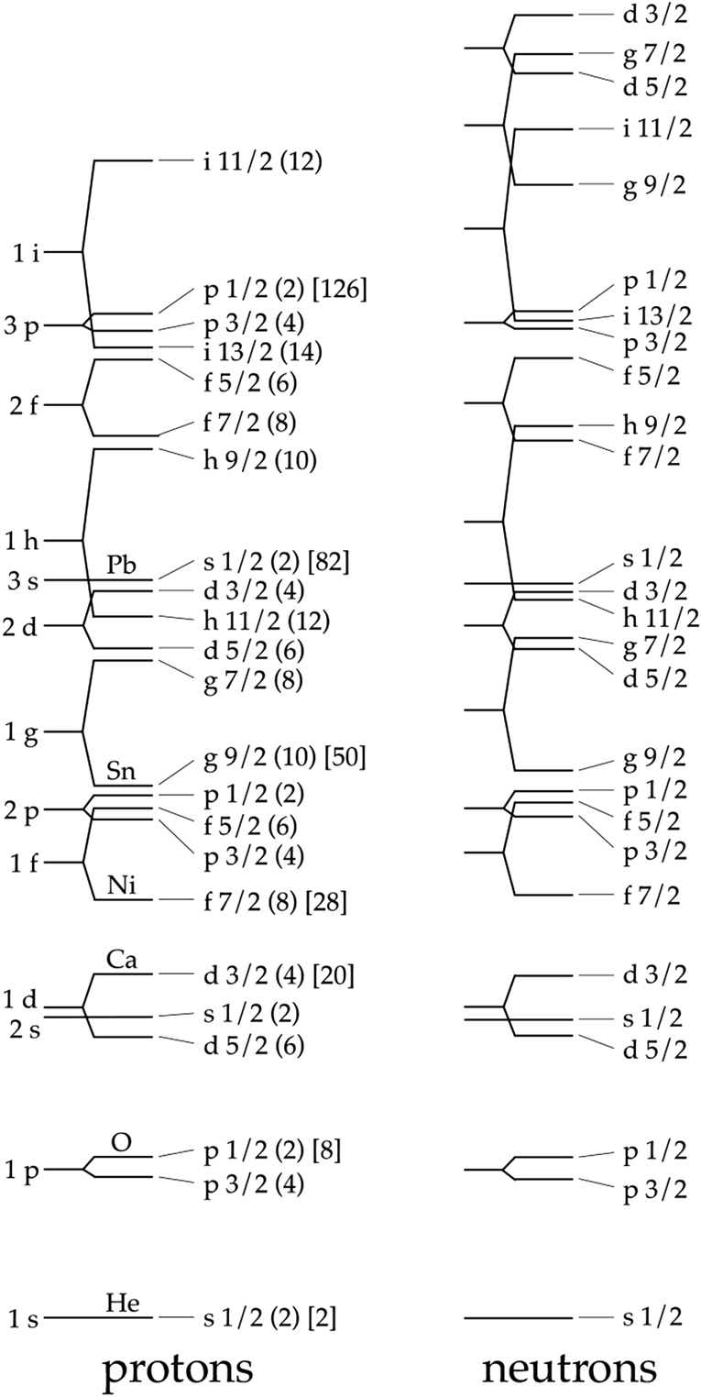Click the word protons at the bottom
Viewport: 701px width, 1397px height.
178,1369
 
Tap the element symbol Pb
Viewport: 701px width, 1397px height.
121,565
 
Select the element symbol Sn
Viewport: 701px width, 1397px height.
121,771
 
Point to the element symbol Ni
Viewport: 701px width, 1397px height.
121,885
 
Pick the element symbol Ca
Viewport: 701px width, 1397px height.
121,959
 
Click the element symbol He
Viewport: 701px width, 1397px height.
122,1303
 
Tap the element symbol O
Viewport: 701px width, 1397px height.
121,1142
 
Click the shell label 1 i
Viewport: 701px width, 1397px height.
27,253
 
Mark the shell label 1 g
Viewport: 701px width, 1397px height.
23,732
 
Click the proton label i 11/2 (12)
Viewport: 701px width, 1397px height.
263,162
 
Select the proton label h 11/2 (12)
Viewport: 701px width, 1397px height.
267,621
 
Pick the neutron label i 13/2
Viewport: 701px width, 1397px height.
657,316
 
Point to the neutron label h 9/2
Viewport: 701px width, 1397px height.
654,425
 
